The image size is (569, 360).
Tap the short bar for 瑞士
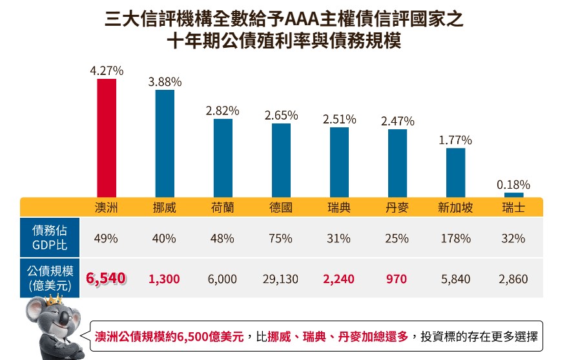click(x=513, y=195)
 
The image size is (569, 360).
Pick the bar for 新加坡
click(x=455, y=172)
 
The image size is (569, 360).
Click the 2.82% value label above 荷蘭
click(x=223, y=111)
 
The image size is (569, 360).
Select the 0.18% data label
click(x=513, y=185)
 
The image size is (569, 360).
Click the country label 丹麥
click(x=397, y=207)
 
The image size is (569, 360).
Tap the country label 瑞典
click(x=339, y=207)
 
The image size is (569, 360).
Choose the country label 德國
click(x=281, y=207)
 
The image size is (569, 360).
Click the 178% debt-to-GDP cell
click(x=455, y=238)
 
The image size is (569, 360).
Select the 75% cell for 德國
click(x=281, y=238)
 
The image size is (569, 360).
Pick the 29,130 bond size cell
click(x=281, y=279)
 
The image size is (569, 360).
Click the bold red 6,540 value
click(x=106, y=279)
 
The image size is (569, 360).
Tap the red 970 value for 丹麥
click(x=397, y=279)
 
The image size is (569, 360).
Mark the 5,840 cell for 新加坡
click(x=455, y=279)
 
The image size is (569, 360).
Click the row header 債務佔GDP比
click(x=50, y=238)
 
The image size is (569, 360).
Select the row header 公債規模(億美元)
click(x=50, y=279)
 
